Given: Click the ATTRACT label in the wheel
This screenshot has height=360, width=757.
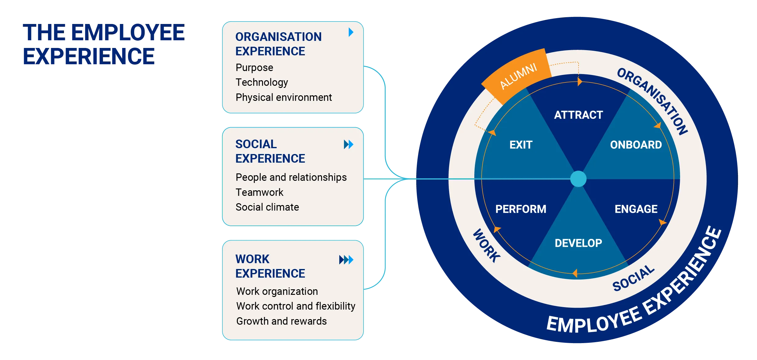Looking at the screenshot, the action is (x=578, y=115).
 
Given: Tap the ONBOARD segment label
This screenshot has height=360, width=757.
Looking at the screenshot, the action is (x=636, y=145).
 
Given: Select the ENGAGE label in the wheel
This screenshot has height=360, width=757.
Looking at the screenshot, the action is (x=636, y=209).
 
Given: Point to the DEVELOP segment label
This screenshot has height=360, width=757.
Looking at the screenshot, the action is (x=578, y=243).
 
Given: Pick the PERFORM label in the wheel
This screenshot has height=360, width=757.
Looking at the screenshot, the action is (x=521, y=209).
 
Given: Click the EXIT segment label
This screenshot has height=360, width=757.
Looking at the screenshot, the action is (x=521, y=145).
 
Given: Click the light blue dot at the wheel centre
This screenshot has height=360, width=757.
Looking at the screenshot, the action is (x=578, y=179).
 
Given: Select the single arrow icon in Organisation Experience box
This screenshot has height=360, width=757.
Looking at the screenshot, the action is (x=351, y=32).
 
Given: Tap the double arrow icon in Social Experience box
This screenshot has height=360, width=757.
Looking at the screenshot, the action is (x=349, y=144).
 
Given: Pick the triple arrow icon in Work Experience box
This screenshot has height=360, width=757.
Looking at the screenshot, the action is (x=346, y=260).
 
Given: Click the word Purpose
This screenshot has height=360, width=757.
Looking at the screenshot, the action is (x=254, y=68).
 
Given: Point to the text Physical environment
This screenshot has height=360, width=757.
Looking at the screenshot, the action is (x=284, y=97).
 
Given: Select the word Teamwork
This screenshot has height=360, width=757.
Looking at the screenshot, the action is (x=259, y=192).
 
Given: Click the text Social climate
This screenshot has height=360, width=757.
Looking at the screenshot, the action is (x=267, y=207).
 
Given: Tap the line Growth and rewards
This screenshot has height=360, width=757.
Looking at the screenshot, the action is (x=281, y=321).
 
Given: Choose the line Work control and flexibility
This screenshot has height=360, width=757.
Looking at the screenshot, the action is (x=296, y=306).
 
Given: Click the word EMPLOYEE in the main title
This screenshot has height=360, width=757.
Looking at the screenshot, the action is (x=128, y=33).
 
